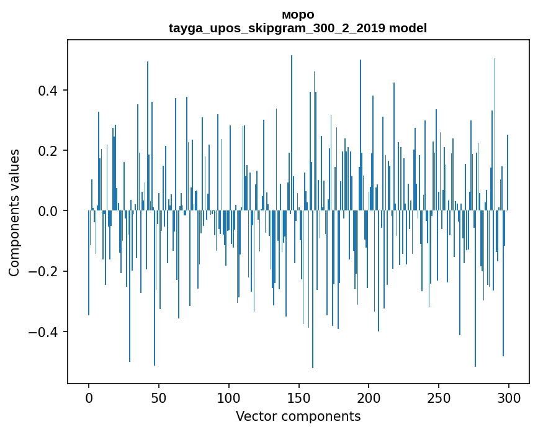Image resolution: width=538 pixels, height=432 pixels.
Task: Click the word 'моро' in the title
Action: [x=298, y=14]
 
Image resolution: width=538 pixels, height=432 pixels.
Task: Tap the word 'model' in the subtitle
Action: [x=408, y=28]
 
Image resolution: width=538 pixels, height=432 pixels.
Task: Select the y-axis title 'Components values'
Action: [x=14, y=212]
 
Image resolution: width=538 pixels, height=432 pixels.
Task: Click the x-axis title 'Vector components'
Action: [x=298, y=416]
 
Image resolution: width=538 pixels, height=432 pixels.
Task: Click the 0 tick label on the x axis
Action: [x=89, y=397]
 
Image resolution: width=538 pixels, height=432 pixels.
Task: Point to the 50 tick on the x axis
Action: [x=159, y=397]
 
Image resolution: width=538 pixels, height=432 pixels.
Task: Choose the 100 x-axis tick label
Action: [x=229, y=397]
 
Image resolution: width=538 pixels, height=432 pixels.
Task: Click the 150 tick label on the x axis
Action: [x=299, y=397]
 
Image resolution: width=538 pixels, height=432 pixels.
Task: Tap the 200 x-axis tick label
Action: [x=369, y=397]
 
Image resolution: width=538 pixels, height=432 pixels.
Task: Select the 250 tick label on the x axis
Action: [x=439, y=397]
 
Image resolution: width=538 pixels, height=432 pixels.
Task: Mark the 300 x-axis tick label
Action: [x=509, y=397]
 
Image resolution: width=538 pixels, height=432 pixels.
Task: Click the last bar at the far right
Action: [x=508, y=174]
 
